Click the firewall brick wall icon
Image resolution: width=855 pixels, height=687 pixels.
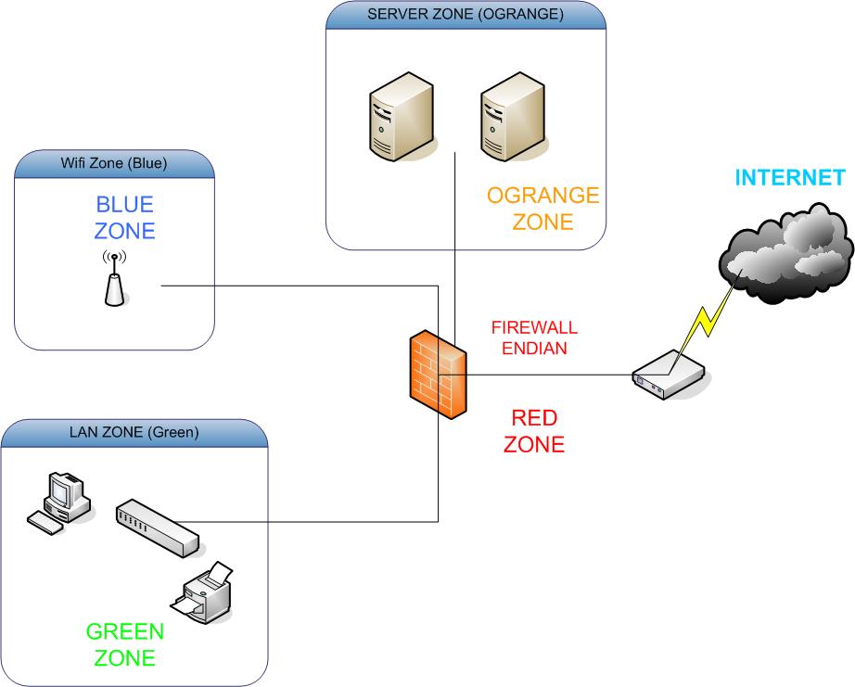tap(438, 375)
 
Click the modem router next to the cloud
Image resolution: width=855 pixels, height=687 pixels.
tap(668, 377)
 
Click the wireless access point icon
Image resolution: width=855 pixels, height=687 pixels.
tap(113, 277)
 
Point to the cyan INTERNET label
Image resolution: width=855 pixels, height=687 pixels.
tap(790, 177)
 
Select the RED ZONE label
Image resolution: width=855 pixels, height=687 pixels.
tap(533, 430)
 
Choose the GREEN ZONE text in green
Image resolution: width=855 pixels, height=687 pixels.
tap(124, 645)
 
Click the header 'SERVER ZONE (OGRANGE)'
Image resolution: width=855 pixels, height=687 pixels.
tap(465, 14)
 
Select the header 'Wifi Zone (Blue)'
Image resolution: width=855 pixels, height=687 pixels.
tap(115, 164)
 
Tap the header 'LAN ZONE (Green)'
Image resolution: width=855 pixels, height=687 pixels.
tap(134, 432)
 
